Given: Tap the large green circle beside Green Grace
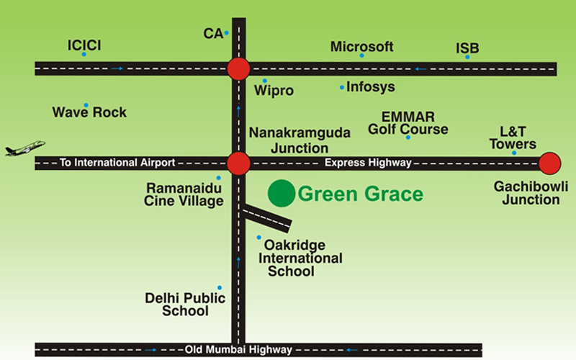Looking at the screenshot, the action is tap(282, 193).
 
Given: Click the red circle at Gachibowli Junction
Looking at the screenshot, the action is tap(550, 163).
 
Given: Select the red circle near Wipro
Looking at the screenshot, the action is tap(238, 69).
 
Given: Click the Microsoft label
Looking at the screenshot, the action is tap(361, 47).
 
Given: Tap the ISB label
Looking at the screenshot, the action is tap(467, 49).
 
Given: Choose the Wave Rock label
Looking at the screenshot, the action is tap(89, 112).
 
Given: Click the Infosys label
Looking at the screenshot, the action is tap(370, 87).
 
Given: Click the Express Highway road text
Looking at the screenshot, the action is tap(368, 163).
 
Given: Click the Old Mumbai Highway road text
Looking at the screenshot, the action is tap(238, 350).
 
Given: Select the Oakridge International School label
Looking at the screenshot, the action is tap(300, 258).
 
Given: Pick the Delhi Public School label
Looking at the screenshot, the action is tap(185, 305).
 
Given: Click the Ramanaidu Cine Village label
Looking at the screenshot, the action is tap(185, 194).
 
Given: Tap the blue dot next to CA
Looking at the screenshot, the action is tap(226, 33).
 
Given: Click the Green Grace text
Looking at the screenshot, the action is tap(360, 194).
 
